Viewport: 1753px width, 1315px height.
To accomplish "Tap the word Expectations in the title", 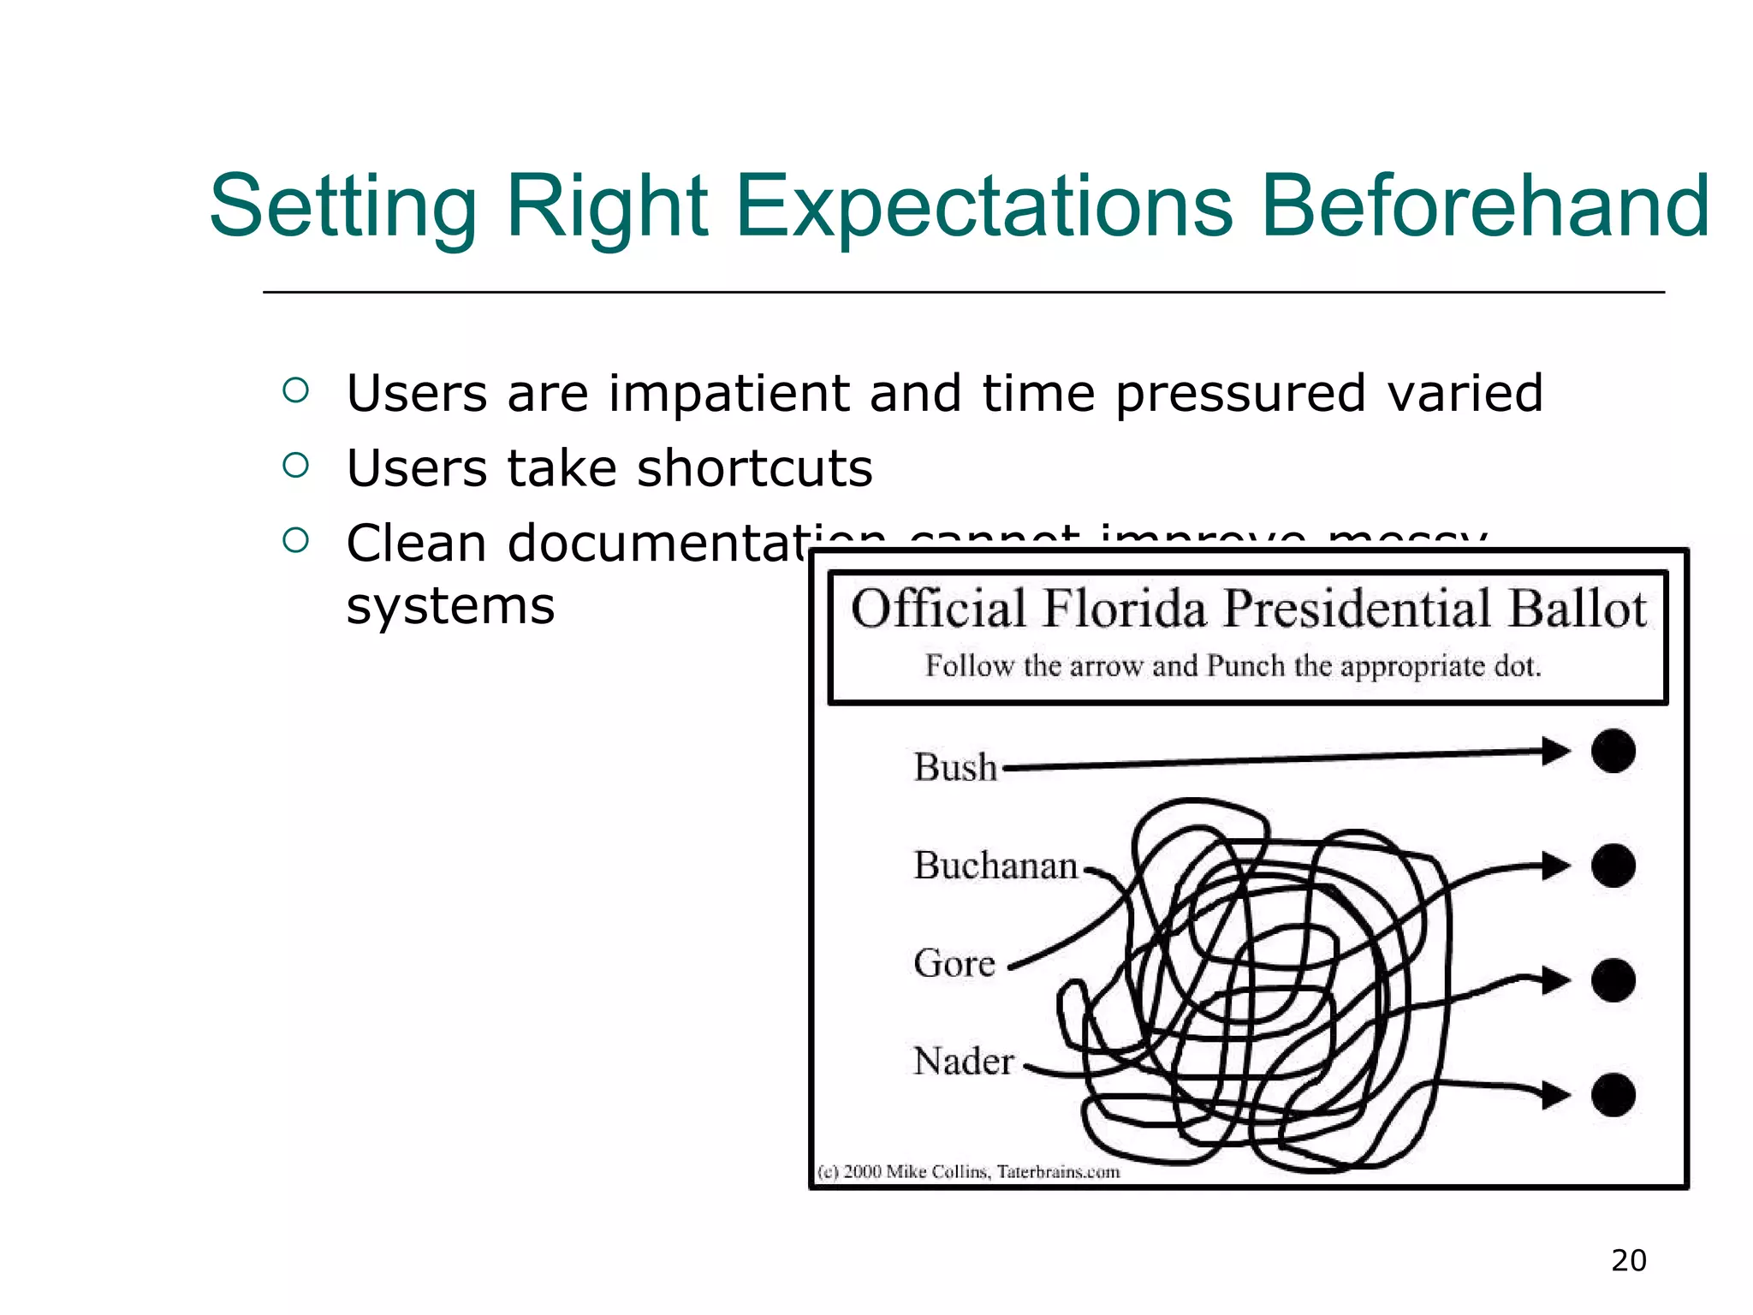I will pyautogui.click(x=984, y=208).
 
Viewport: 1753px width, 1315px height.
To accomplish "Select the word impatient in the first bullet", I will pyautogui.click(x=728, y=394).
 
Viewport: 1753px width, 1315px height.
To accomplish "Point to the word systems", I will pyautogui.click(x=450, y=606).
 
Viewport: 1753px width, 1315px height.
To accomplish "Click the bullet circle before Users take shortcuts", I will pyautogui.click(x=295, y=465).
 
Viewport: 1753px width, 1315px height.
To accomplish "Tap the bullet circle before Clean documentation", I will pyautogui.click(x=295, y=539).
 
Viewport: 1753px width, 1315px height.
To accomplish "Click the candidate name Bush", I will pyautogui.click(x=955, y=767).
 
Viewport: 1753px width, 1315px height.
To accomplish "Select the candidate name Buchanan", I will pyautogui.click(x=995, y=866).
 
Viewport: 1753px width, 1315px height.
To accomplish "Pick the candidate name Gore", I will pyautogui.click(x=954, y=963).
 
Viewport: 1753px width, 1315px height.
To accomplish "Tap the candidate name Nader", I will pyautogui.click(x=964, y=1062).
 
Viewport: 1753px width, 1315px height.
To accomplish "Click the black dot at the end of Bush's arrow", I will pyautogui.click(x=1613, y=752).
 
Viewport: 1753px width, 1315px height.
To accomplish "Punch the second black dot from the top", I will pyautogui.click(x=1613, y=866).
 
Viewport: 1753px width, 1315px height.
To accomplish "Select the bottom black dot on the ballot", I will pyautogui.click(x=1613, y=1094).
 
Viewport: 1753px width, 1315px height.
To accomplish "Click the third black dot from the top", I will pyautogui.click(x=1613, y=980).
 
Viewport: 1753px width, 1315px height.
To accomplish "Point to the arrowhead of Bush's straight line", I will pyautogui.click(x=1555, y=752).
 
